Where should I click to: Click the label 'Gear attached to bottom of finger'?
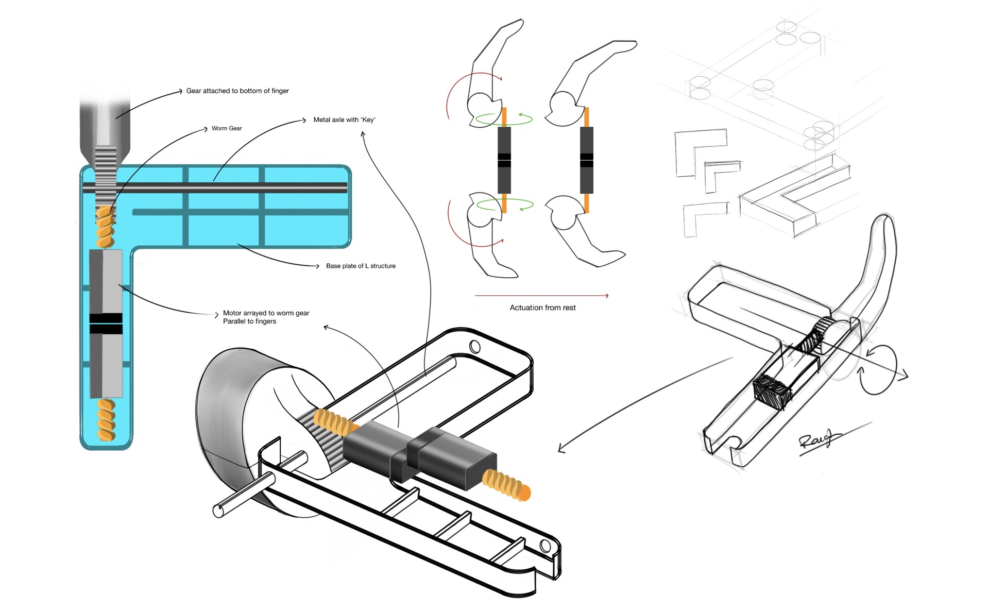237,91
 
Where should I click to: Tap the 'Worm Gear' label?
227,128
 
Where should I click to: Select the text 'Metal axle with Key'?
344,120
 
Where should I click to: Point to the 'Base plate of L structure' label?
361,266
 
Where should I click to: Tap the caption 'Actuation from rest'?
542,308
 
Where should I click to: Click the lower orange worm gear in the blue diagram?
106,420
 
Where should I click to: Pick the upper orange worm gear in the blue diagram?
106,227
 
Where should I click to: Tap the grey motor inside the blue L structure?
106,324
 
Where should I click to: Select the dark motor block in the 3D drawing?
420,452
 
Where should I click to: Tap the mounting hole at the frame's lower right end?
545,546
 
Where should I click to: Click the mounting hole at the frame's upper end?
475,346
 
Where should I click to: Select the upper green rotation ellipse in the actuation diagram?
504,119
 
